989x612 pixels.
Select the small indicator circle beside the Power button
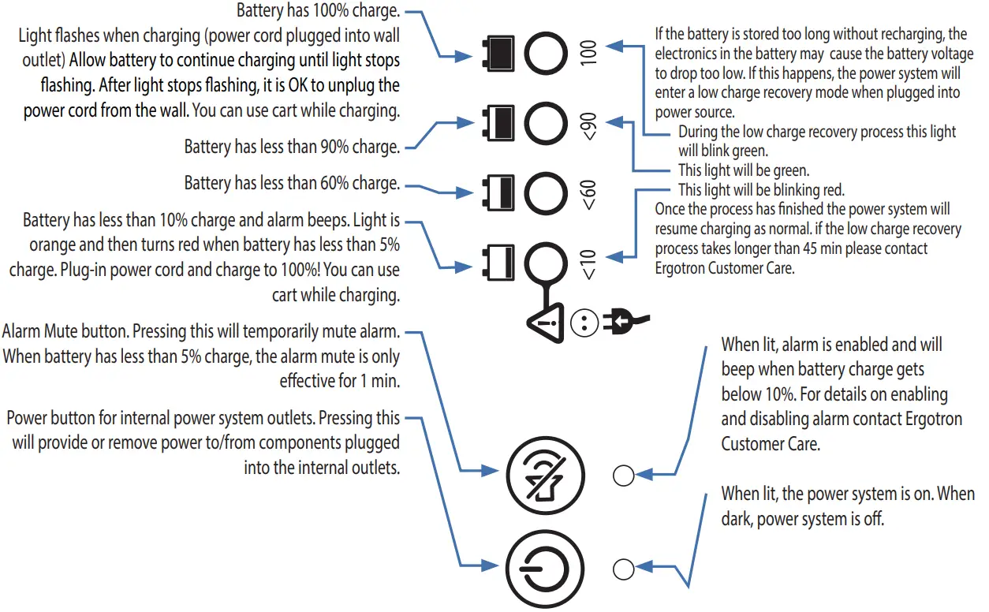click(623, 568)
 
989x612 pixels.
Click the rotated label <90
click(591, 126)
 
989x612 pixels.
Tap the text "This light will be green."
click(743, 170)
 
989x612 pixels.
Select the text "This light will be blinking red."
click(760, 190)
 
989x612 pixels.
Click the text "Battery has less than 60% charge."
click(291, 183)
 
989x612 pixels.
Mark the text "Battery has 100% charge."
click(318, 11)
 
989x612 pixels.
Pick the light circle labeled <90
click(547, 124)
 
